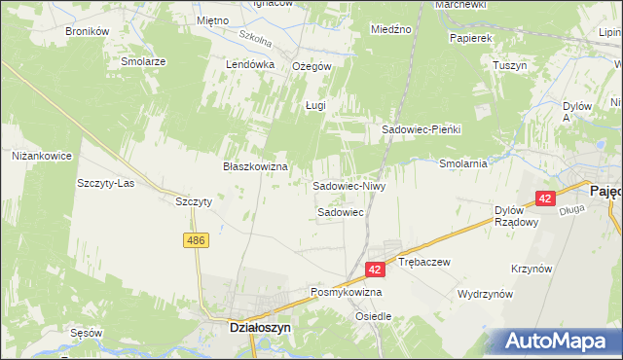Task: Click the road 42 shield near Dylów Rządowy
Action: click(544, 198)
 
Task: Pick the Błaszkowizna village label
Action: click(255, 166)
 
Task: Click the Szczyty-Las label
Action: click(105, 183)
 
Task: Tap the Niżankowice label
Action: click(42, 155)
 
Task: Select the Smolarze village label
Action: click(143, 60)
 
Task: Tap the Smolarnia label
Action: click(462, 163)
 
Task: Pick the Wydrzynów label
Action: click(484, 293)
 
